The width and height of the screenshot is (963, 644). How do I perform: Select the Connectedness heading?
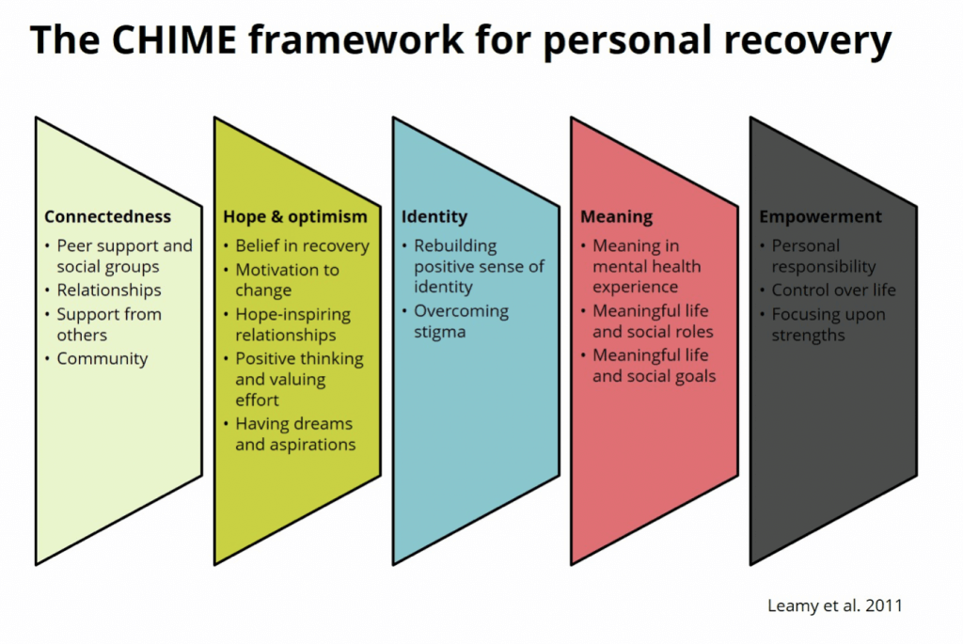(x=107, y=216)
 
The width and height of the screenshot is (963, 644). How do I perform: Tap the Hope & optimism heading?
(x=295, y=216)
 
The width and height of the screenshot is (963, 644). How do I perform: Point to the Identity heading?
(x=434, y=216)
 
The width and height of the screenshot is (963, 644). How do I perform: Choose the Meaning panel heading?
(x=616, y=216)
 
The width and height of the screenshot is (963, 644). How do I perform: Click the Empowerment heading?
(x=820, y=216)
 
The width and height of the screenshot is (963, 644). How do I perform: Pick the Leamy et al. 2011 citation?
(x=835, y=605)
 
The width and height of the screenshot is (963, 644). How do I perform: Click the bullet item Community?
(x=102, y=358)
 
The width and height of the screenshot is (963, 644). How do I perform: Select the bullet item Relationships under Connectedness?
(x=108, y=291)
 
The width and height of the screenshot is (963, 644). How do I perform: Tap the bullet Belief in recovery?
(x=302, y=246)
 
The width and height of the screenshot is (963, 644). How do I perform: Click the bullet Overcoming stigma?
(x=461, y=321)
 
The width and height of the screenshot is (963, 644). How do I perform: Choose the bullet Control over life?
(x=833, y=290)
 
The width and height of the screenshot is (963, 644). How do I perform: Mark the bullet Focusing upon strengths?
(x=828, y=324)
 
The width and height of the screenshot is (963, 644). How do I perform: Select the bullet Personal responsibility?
(x=823, y=256)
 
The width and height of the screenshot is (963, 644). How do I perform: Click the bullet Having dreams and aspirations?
(x=295, y=433)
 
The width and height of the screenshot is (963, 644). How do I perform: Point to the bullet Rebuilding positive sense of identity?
(x=478, y=266)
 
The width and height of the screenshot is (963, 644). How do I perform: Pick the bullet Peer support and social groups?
(x=123, y=257)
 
